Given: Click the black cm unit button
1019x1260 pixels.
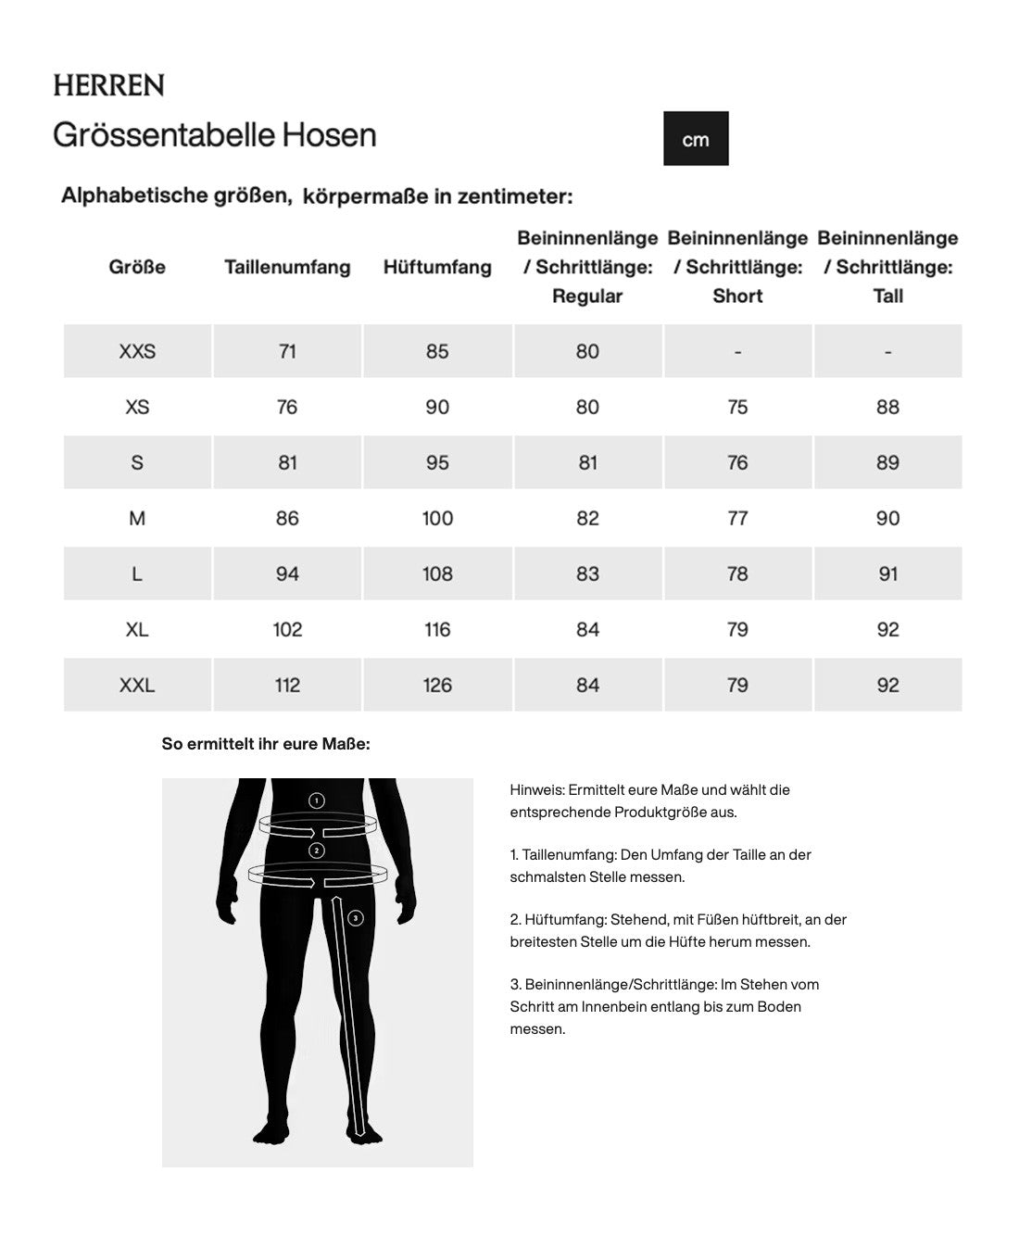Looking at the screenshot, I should pos(696,139).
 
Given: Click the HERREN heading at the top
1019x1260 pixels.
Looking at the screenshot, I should pos(108,85).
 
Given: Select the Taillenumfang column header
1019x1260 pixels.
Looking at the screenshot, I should pos(287,267).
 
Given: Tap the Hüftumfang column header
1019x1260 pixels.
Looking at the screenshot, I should pos(437,267).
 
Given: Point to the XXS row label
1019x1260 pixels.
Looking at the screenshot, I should pos(137,351).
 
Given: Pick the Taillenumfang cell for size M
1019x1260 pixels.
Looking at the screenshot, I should pos(287,518).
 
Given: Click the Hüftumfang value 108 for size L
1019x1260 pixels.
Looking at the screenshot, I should pos(437,573).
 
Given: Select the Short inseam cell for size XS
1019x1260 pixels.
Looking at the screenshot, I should pos(737,407).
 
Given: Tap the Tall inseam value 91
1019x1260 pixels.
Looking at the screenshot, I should pos(887,573).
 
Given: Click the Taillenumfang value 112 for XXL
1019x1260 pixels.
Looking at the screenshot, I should pos(287,685).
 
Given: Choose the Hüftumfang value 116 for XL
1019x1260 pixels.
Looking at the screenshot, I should pos(437,629).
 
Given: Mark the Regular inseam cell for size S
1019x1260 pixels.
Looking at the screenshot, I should pos(587,462).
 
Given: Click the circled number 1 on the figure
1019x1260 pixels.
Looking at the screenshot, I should pos(317,800).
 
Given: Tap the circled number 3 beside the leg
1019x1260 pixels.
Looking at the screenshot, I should pos(356,918).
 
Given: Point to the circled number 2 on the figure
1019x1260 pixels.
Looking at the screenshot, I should pos(317,850).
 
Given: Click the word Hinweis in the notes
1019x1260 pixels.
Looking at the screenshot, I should pos(536,790).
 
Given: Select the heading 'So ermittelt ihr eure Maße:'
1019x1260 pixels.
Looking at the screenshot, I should pos(266,744).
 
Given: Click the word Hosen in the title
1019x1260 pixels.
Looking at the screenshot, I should pos(329,135).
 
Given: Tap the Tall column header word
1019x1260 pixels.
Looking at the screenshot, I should pos(887,296).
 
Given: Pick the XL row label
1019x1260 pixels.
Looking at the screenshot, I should pos(137,629).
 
